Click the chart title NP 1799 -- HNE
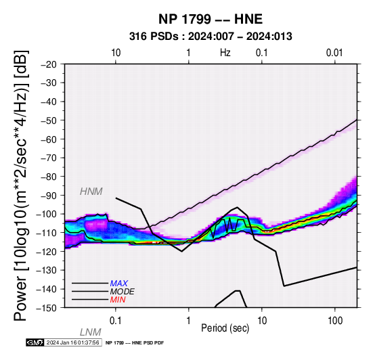point(211,19)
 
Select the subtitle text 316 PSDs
point(154,37)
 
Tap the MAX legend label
point(119,284)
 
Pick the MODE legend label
point(123,292)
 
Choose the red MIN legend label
point(118,300)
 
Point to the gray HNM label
point(91,192)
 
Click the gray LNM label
point(91,332)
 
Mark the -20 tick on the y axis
point(48,64)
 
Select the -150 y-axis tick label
point(46,308)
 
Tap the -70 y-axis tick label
point(48,158)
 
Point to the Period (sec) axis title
point(225,328)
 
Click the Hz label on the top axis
point(225,53)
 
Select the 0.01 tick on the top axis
point(334,53)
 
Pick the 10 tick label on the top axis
point(116,53)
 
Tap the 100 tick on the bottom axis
point(335,321)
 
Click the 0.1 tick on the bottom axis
point(115,321)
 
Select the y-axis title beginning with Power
point(21,185)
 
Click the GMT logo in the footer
point(35,342)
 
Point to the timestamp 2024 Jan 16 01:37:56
point(72,342)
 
